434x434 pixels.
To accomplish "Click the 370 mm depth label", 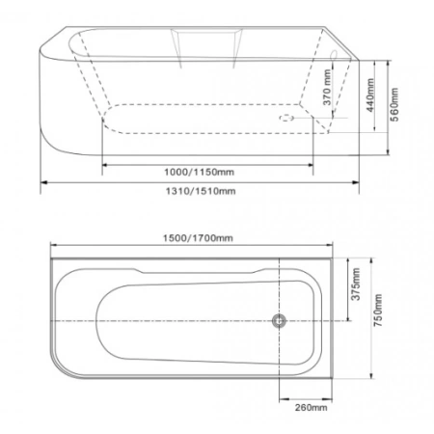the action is pyautogui.click(x=327, y=88).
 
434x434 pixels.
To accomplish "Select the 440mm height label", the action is pyautogui.click(x=370, y=95).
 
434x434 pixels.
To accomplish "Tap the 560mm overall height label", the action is pyautogui.click(x=394, y=105).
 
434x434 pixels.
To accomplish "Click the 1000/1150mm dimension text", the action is pyautogui.click(x=199, y=172).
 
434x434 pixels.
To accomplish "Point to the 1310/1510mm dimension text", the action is pyautogui.click(x=201, y=191).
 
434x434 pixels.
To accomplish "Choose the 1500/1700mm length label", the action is pyautogui.click(x=198, y=238).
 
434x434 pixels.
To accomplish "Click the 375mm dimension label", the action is pyautogui.click(x=356, y=285).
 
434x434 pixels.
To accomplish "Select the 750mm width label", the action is pyautogui.click(x=378, y=311).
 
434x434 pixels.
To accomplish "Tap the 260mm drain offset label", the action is pyautogui.click(x=312, y=408).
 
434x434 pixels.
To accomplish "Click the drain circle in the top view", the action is pyautogui.click(x=279, y=321).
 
